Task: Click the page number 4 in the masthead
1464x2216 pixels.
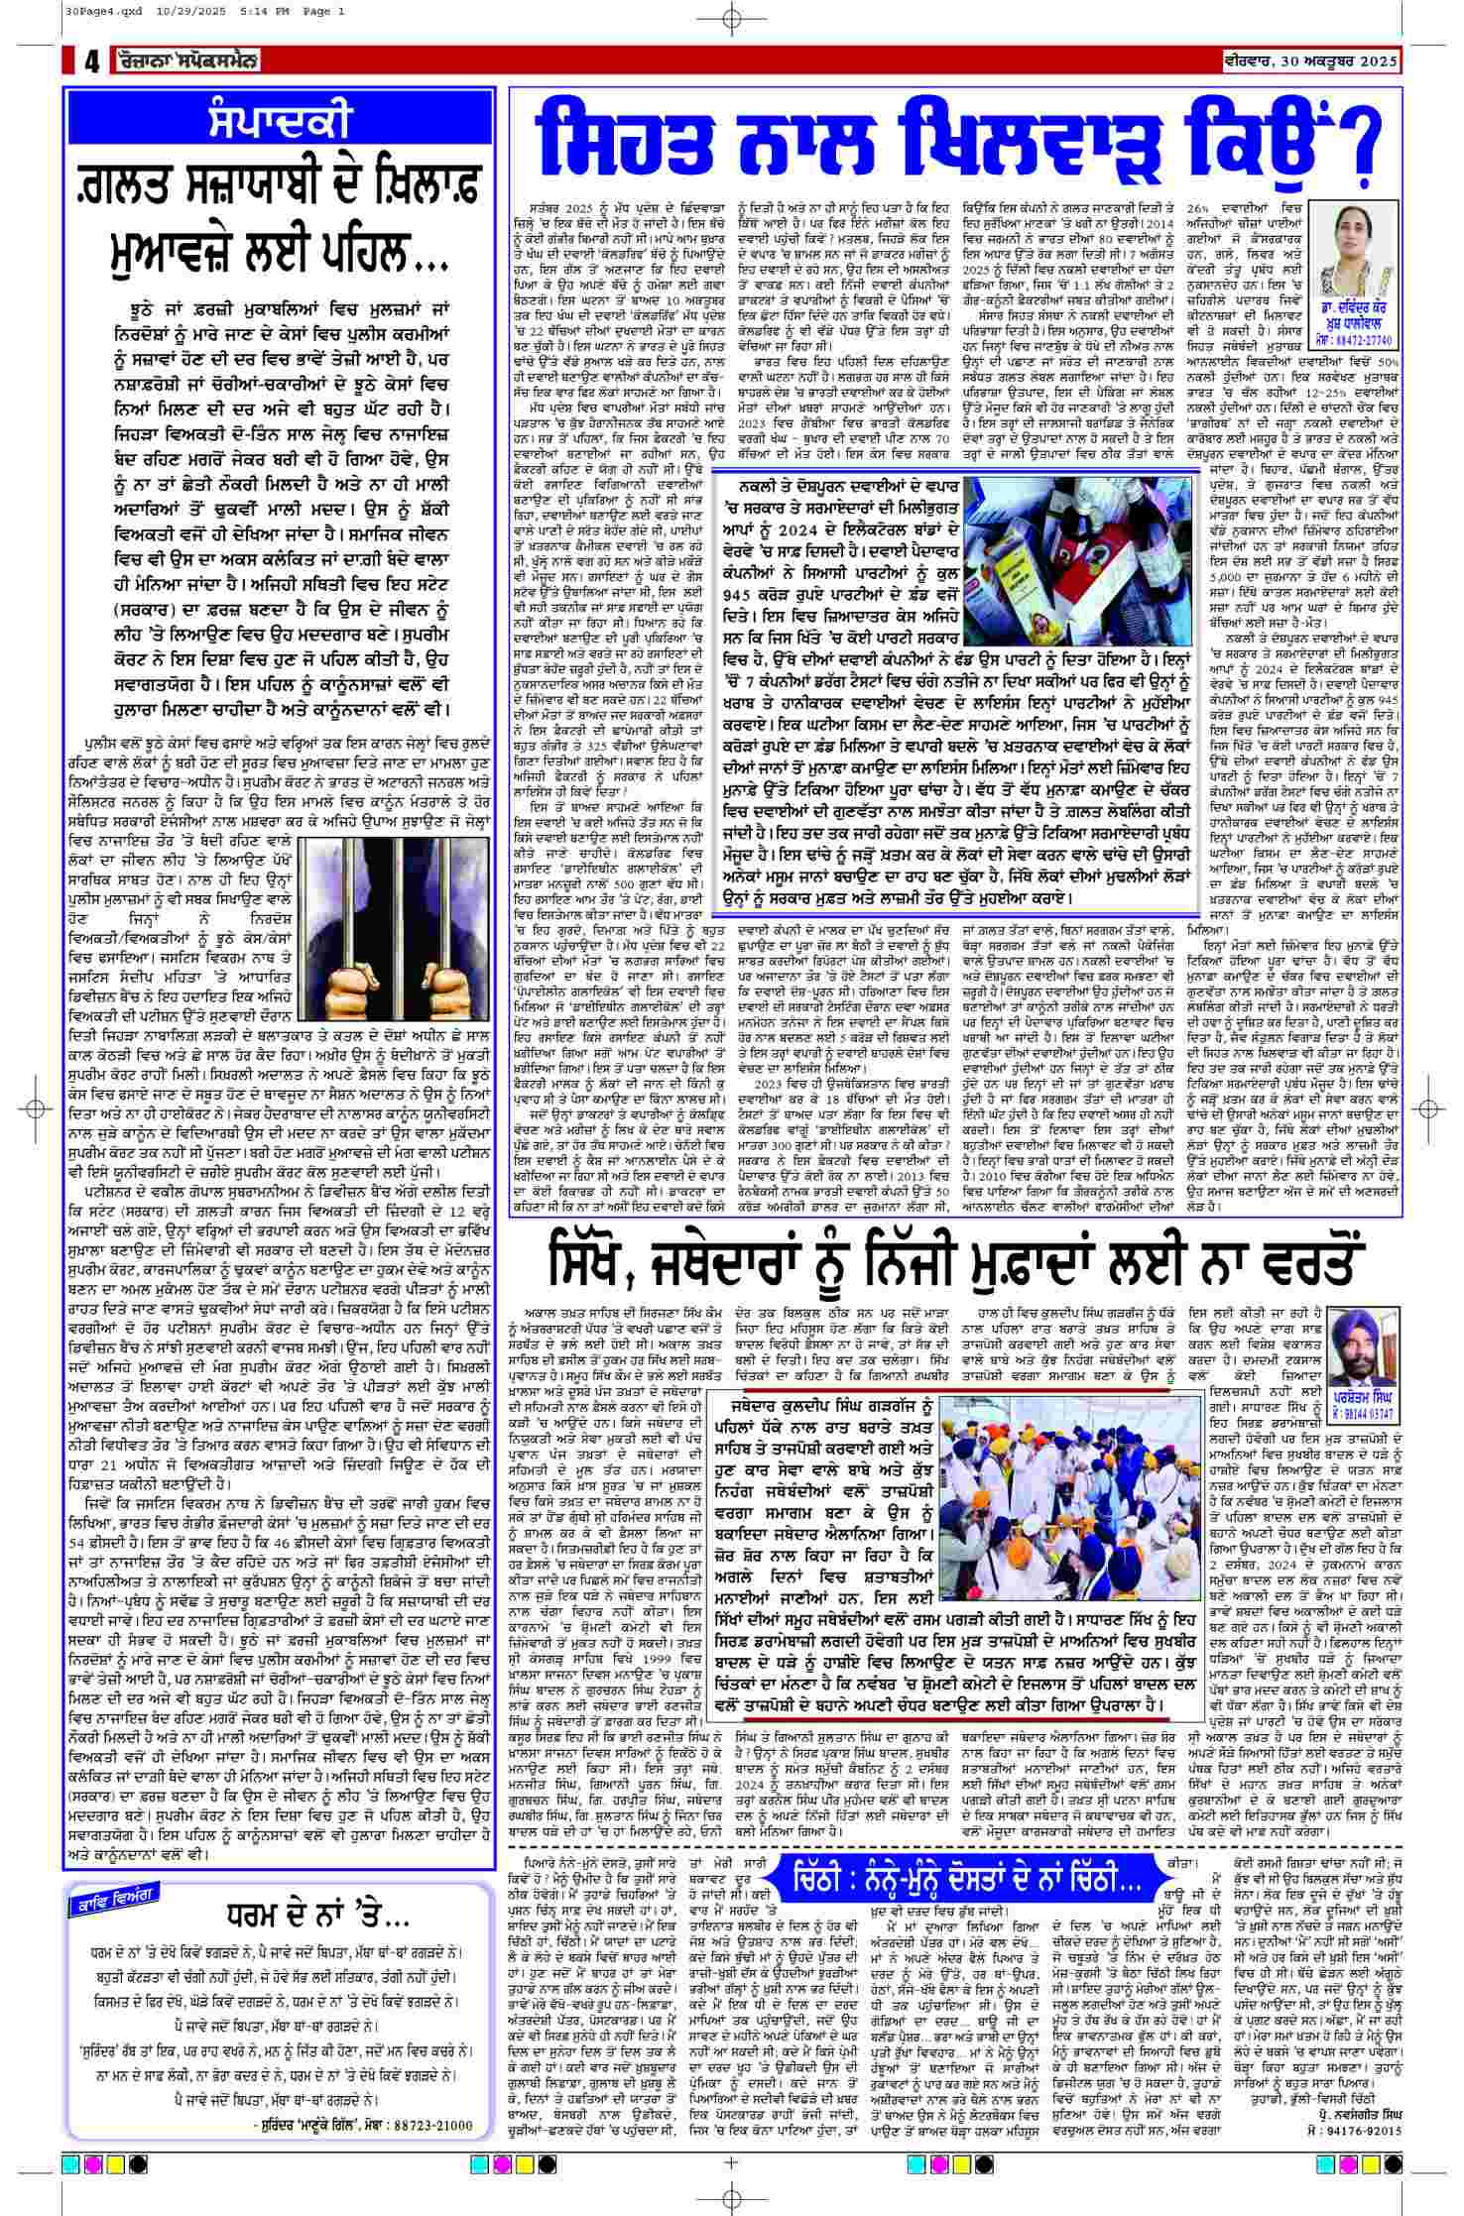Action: click(x=90, y=61)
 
